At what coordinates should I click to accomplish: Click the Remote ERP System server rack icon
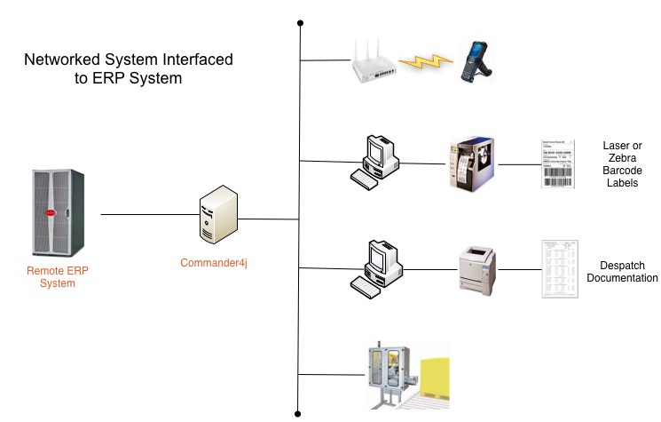57,213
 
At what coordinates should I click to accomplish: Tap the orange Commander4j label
218,264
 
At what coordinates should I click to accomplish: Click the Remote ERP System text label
51,277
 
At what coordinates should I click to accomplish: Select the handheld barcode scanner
477,61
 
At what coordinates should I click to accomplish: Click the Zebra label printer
470,163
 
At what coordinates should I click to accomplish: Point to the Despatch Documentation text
622,272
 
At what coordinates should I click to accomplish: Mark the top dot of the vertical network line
301,22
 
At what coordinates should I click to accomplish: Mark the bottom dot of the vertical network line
301,412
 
